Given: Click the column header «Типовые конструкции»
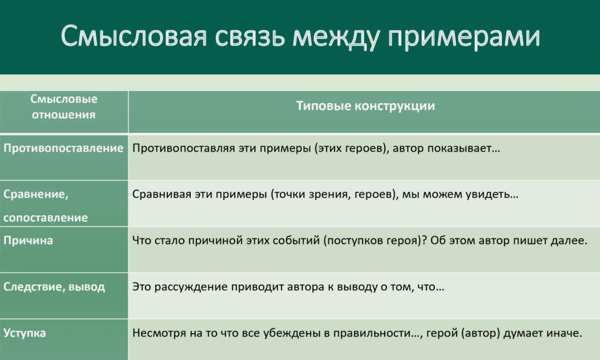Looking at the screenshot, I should [x=365, y=106].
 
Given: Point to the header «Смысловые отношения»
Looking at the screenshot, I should [x=64, y=107].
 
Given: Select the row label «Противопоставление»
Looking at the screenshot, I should [x=63, y=148].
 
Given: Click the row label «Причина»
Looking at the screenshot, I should [x=28, y=241].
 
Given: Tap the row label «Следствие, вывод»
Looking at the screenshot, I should [x=54, y=287].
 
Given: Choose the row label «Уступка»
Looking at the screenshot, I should [x=25, y=333].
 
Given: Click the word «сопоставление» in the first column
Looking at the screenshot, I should [x=46, y=218].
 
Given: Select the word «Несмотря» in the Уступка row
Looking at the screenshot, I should [x=156, y=334].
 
